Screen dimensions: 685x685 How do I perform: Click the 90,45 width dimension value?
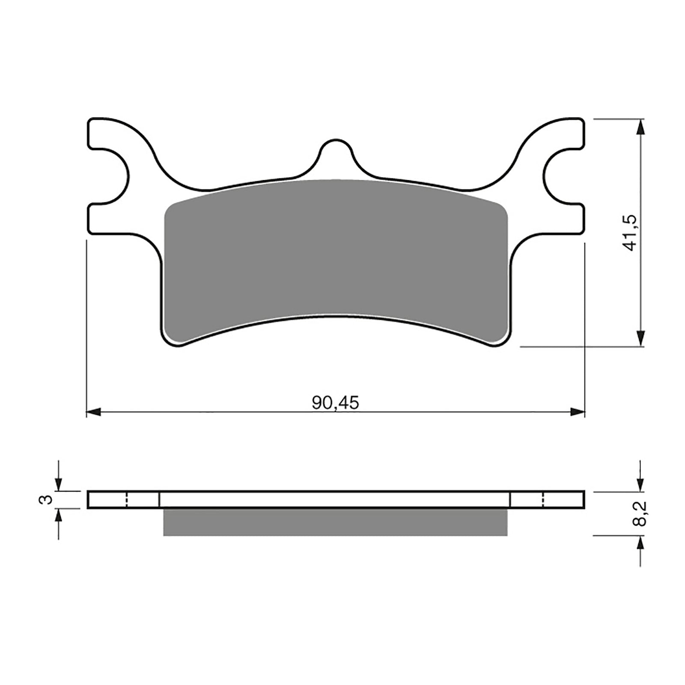tap(335, 403)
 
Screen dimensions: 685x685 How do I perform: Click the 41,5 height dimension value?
tap(632, 233)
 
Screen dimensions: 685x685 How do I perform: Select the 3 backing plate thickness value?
tap(48, 499)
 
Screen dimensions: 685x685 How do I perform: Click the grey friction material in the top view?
tap(336, 253)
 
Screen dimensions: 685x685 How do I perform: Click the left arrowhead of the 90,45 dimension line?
tap(93, 412)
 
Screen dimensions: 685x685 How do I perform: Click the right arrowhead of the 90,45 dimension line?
tap(578, 412)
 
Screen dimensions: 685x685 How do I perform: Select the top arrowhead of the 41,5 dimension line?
tap(641, 126)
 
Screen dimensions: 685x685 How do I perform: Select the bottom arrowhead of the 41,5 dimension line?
tap(641, 338)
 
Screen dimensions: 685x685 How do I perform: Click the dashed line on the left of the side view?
tap(127, 500)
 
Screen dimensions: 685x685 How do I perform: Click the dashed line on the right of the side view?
tap(544, 500)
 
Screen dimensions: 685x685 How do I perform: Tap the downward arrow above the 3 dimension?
tap(58, 483)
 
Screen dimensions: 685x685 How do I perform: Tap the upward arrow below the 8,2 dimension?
tap(641, 545)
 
